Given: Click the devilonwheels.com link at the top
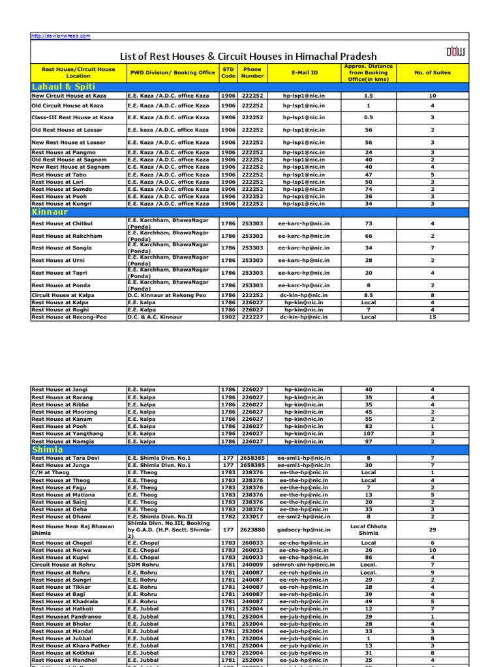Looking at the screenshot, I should [x=61, y=36].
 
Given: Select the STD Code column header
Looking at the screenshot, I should [x=228, y=72].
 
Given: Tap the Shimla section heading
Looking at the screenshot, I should [x=47, y=449].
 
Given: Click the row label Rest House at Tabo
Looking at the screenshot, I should [x=57, y=175].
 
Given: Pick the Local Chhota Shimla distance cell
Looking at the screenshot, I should [x=369, y=530].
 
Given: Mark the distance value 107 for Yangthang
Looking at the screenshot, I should [x=369, y=433].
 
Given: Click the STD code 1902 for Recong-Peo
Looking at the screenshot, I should [x=228, y=317].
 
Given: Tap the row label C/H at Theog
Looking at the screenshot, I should [x=52, y=473].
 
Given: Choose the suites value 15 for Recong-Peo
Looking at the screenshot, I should [x=432, y=317].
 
